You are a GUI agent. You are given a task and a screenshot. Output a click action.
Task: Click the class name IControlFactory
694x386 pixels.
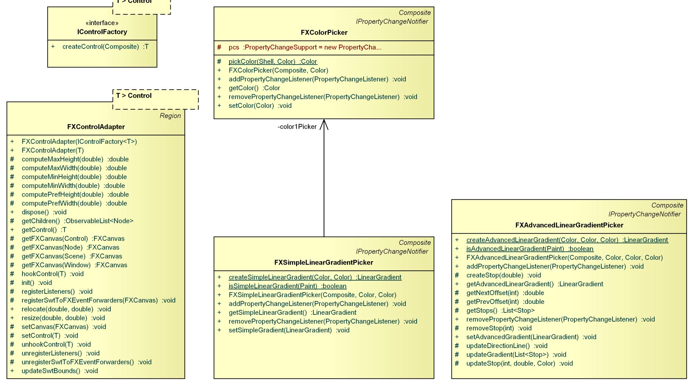102,32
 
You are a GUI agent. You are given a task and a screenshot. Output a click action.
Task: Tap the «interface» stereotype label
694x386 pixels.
102,23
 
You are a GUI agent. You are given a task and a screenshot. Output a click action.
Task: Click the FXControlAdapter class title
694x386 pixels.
96,127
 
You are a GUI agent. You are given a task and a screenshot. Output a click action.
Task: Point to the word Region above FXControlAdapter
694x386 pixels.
170,116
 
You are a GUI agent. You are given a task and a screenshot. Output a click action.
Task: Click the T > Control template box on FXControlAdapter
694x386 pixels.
155,99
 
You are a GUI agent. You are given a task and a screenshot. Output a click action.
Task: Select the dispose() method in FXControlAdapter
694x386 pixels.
44,212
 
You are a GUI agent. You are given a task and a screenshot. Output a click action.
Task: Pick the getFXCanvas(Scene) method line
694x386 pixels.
72,256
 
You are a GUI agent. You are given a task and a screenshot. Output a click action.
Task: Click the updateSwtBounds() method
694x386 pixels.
59,371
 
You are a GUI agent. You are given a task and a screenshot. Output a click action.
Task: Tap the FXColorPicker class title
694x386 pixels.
324,33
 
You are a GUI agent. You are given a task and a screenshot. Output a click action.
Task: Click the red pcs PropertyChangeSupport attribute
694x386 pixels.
305,47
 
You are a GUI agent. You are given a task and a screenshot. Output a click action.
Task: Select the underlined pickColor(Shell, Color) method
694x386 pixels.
273,62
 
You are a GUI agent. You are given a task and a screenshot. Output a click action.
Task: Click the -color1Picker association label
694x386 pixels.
297,127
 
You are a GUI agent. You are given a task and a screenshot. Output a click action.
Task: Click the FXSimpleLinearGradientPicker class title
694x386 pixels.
324,263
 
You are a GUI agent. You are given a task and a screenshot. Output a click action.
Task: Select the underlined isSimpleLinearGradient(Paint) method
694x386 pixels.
287,286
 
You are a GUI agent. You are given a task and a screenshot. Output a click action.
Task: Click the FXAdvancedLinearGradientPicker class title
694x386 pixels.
569,225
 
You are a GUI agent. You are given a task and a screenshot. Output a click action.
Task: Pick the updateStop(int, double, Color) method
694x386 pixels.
519,364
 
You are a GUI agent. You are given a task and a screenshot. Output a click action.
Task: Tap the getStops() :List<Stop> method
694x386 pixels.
500,311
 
